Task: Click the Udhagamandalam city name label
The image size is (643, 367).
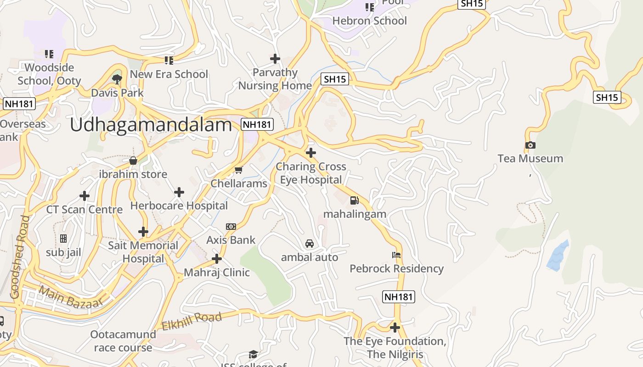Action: click(151, 125)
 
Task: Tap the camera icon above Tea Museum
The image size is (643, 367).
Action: click(530, 145)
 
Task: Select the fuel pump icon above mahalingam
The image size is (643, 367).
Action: click(354, 200)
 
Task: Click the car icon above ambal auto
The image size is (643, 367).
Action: click(310, 244)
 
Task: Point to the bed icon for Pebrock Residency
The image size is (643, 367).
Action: click(396, 255)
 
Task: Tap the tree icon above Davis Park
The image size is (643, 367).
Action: click(117, 79)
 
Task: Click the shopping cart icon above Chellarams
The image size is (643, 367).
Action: click(238, 170)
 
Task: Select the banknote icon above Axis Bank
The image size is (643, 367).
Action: click(231, 226)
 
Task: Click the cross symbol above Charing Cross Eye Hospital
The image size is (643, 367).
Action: click(311, 152)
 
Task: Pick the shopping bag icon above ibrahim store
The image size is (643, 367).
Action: click(133, 161)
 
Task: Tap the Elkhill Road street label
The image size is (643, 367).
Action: click(192, 321)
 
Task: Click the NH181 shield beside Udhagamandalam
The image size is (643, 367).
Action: click(258, 124)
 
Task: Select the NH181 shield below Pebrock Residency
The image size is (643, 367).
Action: click(399, 297)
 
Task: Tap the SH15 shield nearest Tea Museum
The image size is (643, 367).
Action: click(607, 97)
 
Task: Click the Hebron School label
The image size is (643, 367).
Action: click(369, 21)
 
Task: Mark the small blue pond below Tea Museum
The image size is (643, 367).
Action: click(558, 256)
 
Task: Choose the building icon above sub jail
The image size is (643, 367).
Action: click(63, 239)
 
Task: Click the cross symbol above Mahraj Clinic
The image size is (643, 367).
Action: click(217, 259)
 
